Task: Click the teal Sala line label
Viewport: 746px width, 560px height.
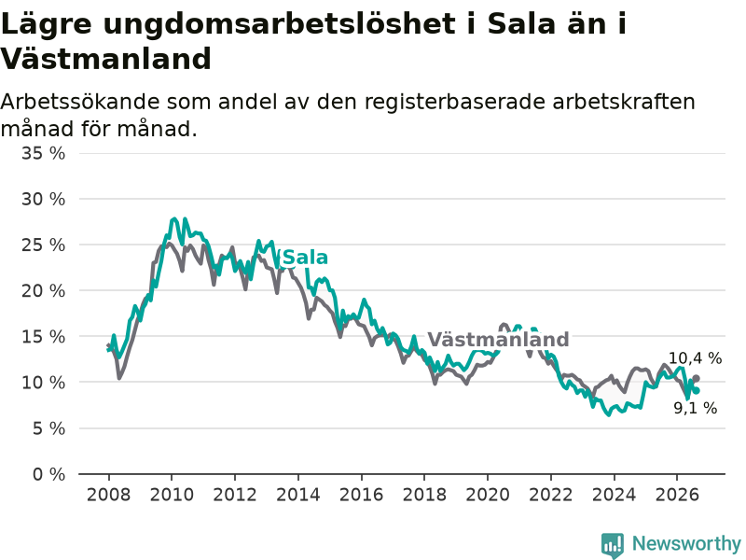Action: tap(305, 258)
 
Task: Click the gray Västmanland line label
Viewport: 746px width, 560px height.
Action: tap(498, 340)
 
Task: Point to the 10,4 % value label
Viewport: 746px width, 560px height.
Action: tap(695, 358)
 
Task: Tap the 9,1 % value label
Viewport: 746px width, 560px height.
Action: tap(695, 408)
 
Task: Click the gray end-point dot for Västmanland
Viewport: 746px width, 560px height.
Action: tap(696, 379)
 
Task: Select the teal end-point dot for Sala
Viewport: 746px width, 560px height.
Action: tap(697, 391)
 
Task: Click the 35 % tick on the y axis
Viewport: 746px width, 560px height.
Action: tap(43, 153)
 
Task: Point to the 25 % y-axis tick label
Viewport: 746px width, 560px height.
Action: tap(43, 245)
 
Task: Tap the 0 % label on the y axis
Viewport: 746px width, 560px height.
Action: tap(49, 474)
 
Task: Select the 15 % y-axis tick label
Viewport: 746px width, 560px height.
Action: tap(43, 337)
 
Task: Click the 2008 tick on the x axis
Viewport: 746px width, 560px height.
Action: tap(108, 495)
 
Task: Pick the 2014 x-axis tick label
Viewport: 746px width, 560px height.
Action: tap(298, 495)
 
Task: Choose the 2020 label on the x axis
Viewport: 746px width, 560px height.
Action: tap(488, 495)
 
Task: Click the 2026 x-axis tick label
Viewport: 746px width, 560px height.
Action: tap(677, 495)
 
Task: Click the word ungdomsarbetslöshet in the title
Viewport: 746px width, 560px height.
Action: tap(279, 24)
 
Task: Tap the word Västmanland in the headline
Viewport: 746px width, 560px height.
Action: tap(105, 60)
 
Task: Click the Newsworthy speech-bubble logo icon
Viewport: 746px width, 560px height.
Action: tap(613, 545)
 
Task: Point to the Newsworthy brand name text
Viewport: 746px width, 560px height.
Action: tap(686, 543)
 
